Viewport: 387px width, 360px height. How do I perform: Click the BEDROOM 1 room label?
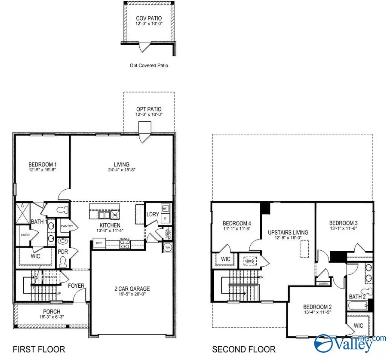point(43,164)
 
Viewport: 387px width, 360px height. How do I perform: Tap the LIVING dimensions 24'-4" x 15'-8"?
point(122,170)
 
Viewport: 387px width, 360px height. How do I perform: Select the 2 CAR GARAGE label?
point(132,289)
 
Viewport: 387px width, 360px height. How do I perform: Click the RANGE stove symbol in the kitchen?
point(125,244)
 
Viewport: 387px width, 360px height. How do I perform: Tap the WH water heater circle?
point(167,247)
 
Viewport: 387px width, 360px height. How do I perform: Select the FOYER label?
point(76,286)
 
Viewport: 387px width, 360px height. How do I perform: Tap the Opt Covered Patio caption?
point(149,66)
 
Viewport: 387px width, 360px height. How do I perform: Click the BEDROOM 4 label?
point(236,223)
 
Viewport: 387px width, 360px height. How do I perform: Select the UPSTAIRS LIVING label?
point(288,232)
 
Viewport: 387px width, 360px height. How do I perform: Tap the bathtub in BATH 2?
point(356,307)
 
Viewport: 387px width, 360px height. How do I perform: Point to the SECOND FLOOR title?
point(244,349)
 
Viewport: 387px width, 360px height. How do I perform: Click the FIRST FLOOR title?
point(39,349)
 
